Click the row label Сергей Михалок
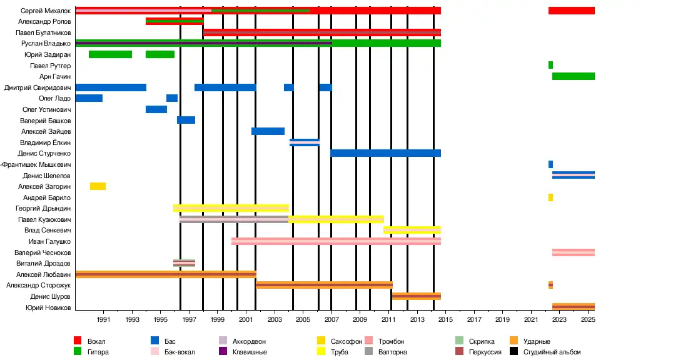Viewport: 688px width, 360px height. click(45, 11)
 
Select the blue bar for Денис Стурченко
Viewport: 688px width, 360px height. click(385, 153)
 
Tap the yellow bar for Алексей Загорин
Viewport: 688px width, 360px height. click(98, 186)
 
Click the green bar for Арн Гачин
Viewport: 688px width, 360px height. click(573, 76)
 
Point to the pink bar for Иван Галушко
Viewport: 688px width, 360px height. click(336, 241)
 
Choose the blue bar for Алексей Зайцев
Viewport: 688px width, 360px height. click(268, 131)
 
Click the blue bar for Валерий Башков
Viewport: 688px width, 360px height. click(186, 120)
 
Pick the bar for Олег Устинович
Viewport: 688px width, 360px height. click(156, 109)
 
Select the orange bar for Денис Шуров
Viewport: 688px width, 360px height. click(416, 296)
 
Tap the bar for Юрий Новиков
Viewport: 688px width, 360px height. click(573, 307)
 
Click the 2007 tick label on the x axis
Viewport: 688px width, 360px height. click(331, 320)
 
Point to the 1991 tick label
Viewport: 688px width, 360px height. click(104, 320)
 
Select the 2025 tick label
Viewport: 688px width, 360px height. click(588, 320)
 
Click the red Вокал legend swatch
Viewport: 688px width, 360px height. click(78, 341)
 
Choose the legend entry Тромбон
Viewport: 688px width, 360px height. click(391, 341)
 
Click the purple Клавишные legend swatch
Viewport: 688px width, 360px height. click(223, 351)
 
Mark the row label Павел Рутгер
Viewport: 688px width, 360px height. click(50, 66)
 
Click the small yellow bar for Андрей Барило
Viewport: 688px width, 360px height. click(550, 197)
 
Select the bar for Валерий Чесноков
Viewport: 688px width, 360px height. click(573, 252)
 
